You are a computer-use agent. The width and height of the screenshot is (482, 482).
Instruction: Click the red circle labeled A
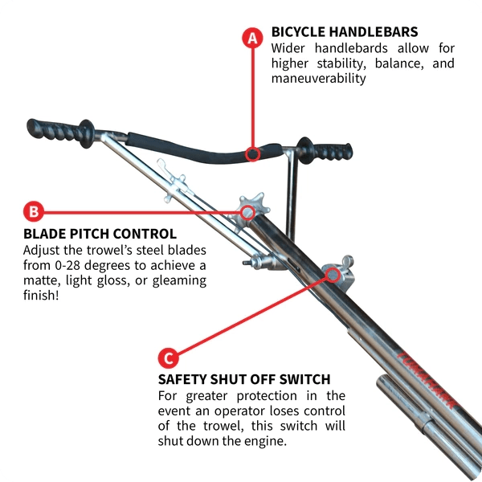tap(252, 38)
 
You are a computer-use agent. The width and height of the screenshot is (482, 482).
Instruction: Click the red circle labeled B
tap(33, 212)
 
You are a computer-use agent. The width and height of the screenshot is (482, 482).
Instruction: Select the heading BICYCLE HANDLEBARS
tap(345, 32)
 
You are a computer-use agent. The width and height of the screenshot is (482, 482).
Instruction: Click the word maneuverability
tap(318, 79)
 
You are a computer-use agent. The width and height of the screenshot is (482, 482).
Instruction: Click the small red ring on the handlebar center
tap(252, 153)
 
